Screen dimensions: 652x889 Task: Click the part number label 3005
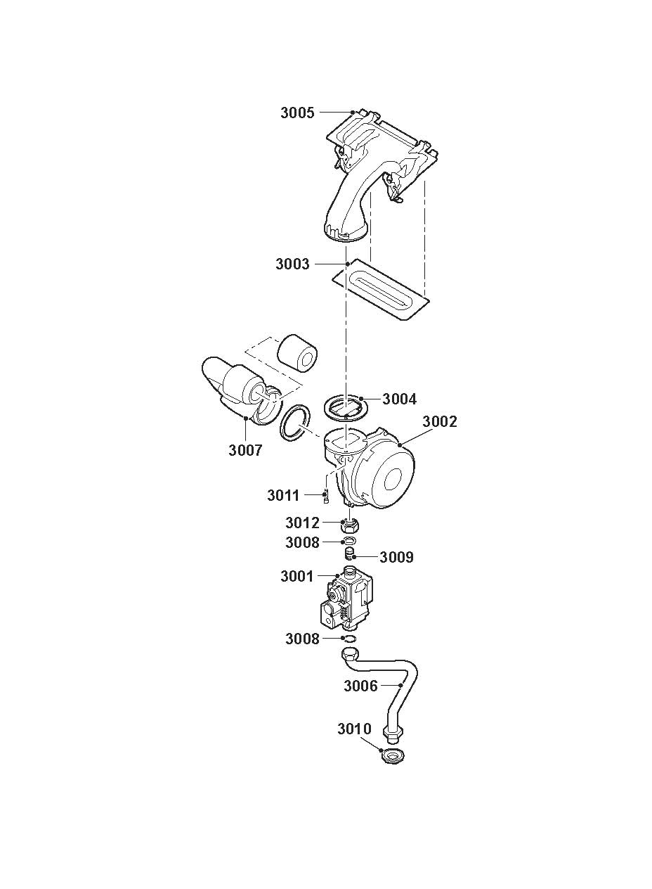(x=297, y=113)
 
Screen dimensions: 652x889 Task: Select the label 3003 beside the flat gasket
(x=292, y=264)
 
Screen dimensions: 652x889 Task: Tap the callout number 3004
(x=400, y=399)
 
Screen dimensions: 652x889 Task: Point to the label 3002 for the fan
(x=440, y=421)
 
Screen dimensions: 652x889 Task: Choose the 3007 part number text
(x=245, y=450)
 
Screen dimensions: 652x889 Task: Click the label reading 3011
(x=283, y=495)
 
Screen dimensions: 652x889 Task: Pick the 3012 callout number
(x=302, y=523)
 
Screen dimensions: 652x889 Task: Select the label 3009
(x=396, y=557)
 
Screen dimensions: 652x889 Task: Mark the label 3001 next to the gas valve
(x=297, y=576)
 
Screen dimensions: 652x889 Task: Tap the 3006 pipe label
(x=360, y=686)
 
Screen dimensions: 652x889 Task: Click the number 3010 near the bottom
(x=354, y=729)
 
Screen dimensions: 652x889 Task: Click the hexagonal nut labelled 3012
(x=350, y=526)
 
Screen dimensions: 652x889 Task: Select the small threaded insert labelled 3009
(x=348, y=553)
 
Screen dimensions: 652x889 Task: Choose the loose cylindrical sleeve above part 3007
(x=298, y=353)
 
